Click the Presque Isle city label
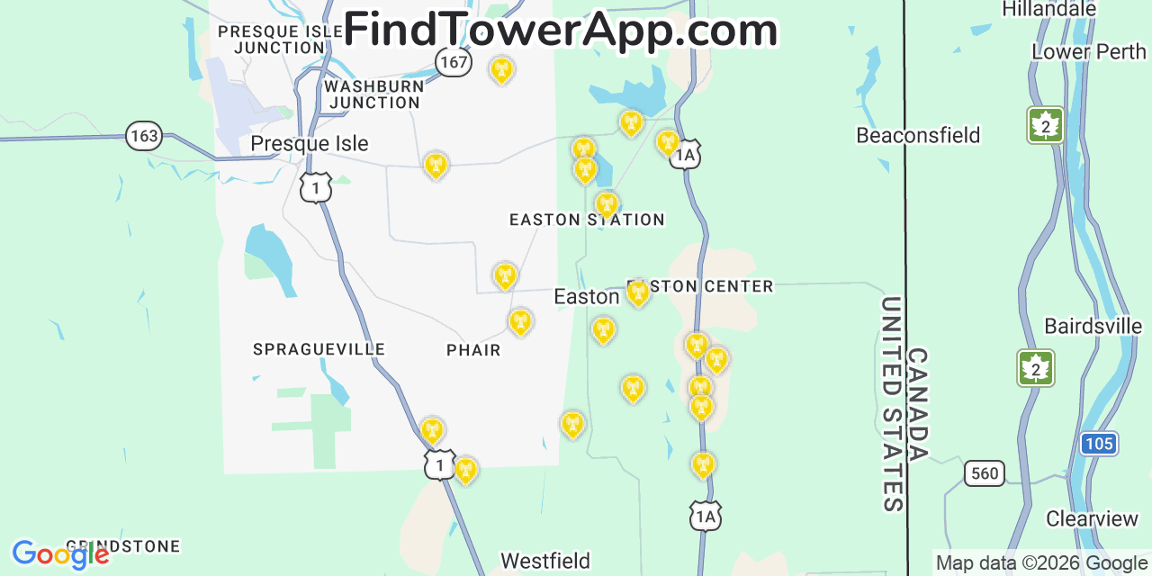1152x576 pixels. [x=309, y=143]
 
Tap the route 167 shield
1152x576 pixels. [x=454, y=61]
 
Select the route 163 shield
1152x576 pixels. [x=143, y=136]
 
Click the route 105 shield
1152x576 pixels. [x=1099, y=443]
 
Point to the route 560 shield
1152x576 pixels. [x=984, y=472]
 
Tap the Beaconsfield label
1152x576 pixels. [x=918, y=135]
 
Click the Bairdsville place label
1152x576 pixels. [x=1093, y=325]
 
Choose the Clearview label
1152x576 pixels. [x=1092, y=518]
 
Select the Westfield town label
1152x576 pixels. [x=545, y=561]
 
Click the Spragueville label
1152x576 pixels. [x=319, y=349]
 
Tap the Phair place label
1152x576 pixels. [x=473, y=350]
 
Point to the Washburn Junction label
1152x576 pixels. [x=373, y=94]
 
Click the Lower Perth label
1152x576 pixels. [x=1089, y=51]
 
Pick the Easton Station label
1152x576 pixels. [x=587, y=220]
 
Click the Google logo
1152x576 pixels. [x=59, y=554]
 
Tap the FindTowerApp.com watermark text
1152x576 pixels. [x=560, y=30]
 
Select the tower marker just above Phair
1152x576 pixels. [x=520, y=321]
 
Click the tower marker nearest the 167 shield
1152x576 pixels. [x=501, y=69]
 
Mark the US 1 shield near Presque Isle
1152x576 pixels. [x=316, y=188]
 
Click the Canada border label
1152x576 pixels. [x=917, y=404]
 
